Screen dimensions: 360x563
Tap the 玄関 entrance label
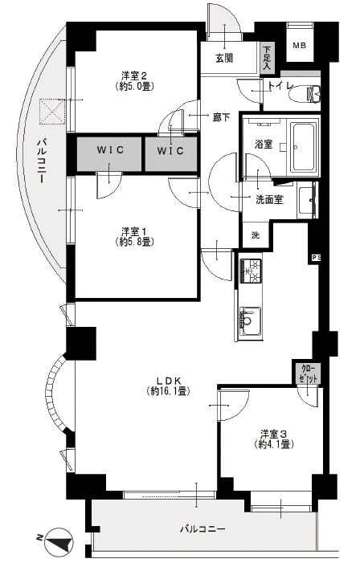coord(224,58)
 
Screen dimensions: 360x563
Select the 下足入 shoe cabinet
coord(267,58)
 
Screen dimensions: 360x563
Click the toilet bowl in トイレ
coord(305,95)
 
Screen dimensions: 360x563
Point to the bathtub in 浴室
coord(305,147)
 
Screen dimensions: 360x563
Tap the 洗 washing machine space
coord(256,235)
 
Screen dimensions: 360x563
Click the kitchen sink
coord(251,321)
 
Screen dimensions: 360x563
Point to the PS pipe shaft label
coord(316,258)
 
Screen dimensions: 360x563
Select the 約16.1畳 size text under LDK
coord(168,391)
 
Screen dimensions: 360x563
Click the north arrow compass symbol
coord(59,539)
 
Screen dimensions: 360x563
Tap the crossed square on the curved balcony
coord(52,112)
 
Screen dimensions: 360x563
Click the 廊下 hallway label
coord(222,117)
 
